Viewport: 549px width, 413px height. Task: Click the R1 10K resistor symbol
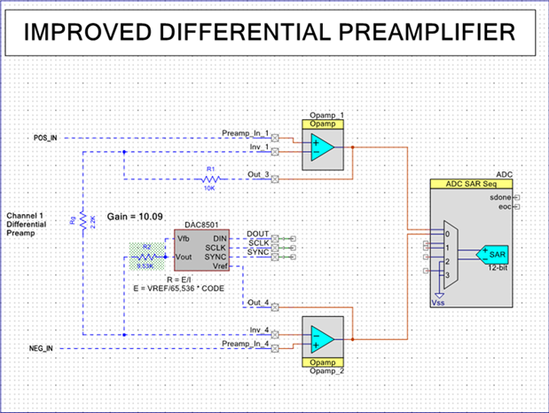pos(211,179)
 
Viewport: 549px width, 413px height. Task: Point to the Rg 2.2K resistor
pos(82,220)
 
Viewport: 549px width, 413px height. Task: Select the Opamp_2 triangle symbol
pos(323,339)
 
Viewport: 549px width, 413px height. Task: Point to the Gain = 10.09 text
pos(132,217)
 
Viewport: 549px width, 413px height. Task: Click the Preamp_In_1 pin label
pos(246,133)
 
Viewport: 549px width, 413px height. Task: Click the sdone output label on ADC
pos(500,196)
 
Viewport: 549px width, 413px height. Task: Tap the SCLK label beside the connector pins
pos(258,242)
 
